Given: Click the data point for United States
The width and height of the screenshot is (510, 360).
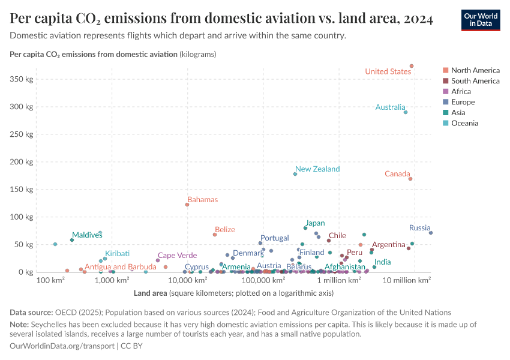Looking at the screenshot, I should tap(412, 66).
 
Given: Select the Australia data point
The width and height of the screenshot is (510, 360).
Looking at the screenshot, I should tap(406, 112).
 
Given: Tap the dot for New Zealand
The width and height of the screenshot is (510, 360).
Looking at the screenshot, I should tap(295, 174).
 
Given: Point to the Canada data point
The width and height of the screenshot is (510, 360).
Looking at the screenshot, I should tap(410, 179).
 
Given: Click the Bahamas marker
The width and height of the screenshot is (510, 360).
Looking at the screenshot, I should tap(187, 205).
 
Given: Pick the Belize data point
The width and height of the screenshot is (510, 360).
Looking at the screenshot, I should tap(215, 235).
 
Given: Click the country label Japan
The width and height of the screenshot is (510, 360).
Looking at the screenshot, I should tap(315, 223).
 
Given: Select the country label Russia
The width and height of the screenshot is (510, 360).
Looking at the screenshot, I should tap(419, 228).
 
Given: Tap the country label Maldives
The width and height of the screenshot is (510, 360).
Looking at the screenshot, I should tap(87, 235).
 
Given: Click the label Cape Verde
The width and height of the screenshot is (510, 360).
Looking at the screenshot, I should tap(177, 256).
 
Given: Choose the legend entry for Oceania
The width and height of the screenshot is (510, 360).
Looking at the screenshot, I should tap(465, 124).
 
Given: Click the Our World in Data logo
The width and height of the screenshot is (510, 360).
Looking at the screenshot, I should tap(481, 19).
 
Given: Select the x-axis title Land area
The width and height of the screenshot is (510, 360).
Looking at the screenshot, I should tap(150, 293).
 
